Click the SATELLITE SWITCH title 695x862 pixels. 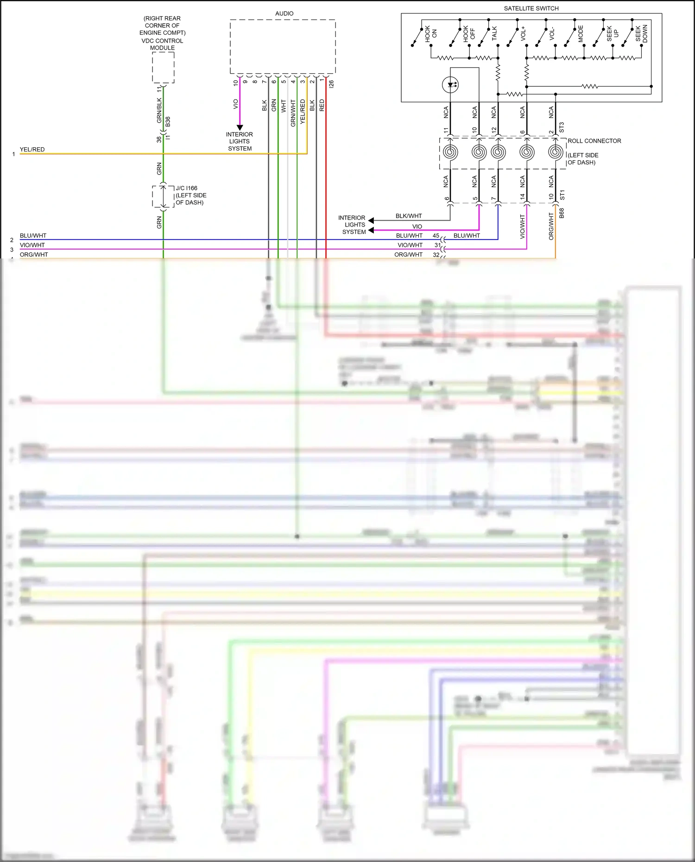[531, 8]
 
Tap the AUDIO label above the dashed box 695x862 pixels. [284, 13]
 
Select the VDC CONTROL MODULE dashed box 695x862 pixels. [163, 68]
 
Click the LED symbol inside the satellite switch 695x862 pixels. [450, 85]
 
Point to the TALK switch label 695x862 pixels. [494, 33]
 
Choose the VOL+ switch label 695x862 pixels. [523, 33]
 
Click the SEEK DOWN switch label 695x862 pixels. [641, 33]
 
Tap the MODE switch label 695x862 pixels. [581, 34]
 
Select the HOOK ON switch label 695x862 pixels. [431, 34]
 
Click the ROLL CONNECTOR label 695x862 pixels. [594, 141]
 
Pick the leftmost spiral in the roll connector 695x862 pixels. [450, 152]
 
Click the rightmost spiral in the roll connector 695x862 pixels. [555, 152]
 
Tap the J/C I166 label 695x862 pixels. [186, 188]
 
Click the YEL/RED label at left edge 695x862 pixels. [32, 149]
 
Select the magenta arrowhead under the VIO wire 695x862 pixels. [240, 127]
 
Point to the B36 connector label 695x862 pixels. [168, 122]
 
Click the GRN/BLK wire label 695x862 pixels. [159, 110]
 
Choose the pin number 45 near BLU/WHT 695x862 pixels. [436, 235]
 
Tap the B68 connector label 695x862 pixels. [562, 213]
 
